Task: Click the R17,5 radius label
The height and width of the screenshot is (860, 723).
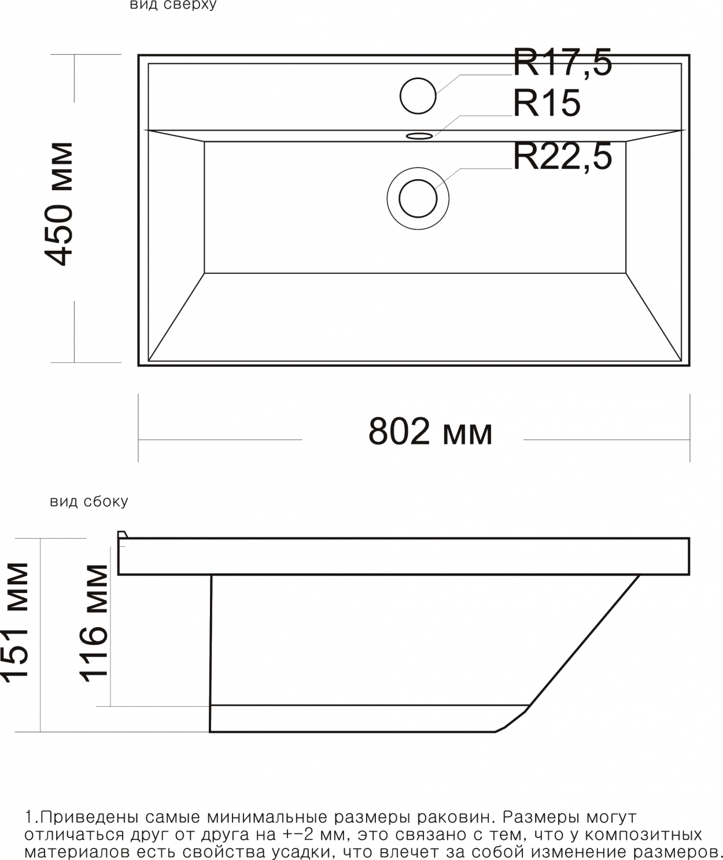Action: click(x=562, y=62)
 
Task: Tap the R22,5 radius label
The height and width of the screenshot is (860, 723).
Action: click(x=562, y=157)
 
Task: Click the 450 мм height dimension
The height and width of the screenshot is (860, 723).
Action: click(x=59, y=204)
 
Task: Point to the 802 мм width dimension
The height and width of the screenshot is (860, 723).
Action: click(x=430, y=431)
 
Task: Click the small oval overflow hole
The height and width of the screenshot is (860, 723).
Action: click(x=419, y=136)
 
